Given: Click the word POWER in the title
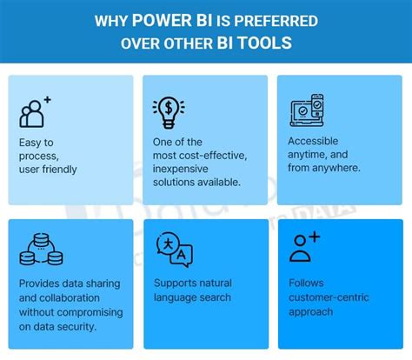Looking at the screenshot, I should (x=164, y=19).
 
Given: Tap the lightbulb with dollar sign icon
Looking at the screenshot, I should (x=168, y=110).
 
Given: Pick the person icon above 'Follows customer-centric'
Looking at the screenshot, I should (x=304, y=247).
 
